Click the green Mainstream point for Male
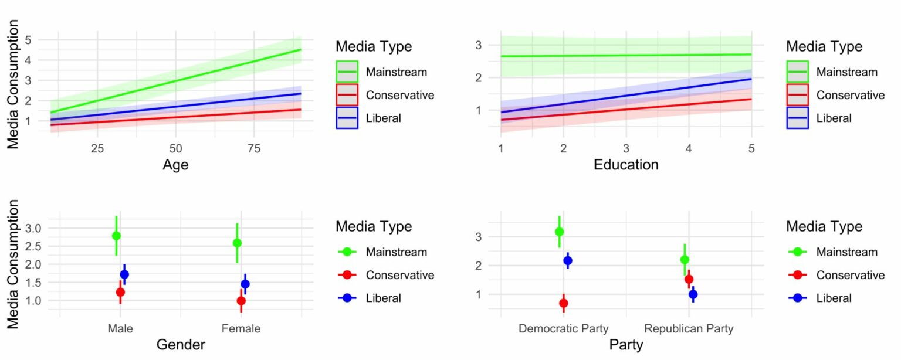coord(116,236)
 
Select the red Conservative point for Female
coord(241,301)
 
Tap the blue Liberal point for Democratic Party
coord(567,260)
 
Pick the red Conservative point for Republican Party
coord(689,279)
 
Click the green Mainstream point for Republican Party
coord(685,260)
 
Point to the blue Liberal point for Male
coord(124,274)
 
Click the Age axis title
coord(175,165)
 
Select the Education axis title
coord(626,165)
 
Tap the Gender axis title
coord(181,345)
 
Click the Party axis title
coord(626,345)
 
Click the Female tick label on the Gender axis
coord(241,328)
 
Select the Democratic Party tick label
coord(563,328)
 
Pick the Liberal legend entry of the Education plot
coord(834,118)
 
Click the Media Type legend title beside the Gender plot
coord(374,226)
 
